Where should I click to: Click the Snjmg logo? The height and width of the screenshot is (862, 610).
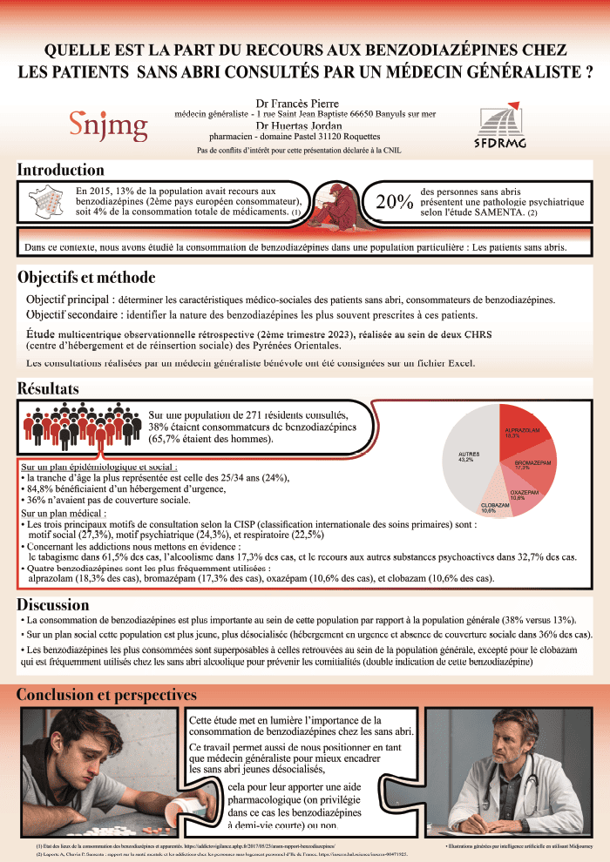[x=108, y=125]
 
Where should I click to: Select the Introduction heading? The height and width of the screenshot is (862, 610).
[x=61, y=171]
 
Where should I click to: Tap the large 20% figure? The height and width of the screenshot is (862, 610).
[x=393, y=202]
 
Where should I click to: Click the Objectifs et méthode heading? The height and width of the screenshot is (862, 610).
[x=86, y=278]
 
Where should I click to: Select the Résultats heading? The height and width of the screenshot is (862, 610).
[x=48, y=387]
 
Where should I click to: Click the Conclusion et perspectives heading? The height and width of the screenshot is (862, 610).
[x=106, y=695]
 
